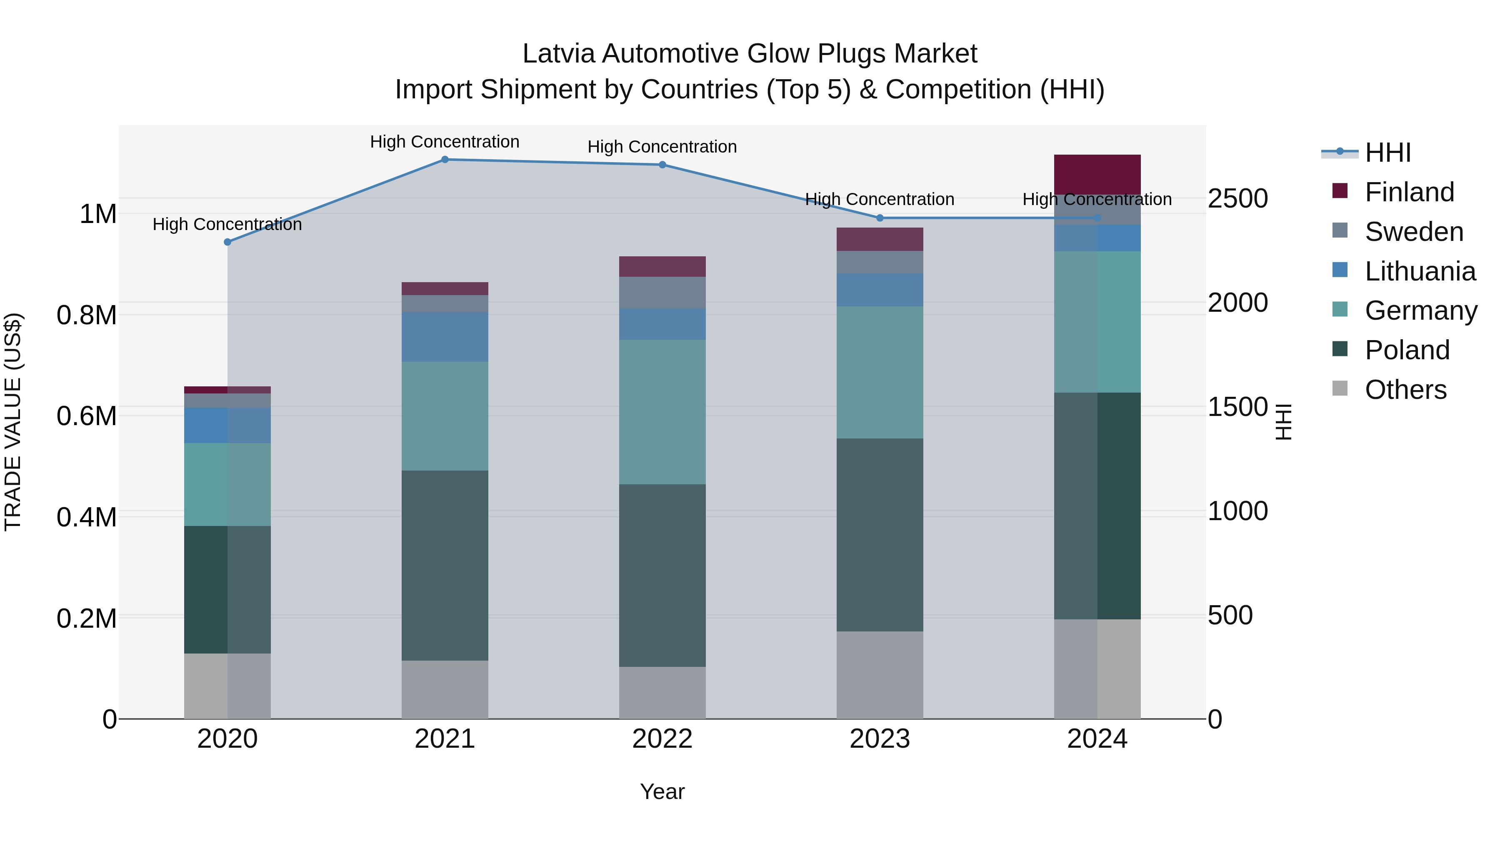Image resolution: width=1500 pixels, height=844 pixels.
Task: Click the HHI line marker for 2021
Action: coord(445,160)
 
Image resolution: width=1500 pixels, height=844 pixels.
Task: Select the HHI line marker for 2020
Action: coord(227,242)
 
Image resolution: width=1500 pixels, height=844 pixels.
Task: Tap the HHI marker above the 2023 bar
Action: coord(880,218)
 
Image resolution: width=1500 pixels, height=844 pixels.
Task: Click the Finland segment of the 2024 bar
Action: coord(1097,174)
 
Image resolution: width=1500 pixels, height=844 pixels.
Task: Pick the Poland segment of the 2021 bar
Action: coord(445,565)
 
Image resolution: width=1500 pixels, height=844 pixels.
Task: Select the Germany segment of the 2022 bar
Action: coord(662,412)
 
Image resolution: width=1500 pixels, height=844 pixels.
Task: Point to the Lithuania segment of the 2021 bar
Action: coord(445,337)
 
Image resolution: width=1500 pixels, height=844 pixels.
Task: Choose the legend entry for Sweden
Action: coord(1413,232)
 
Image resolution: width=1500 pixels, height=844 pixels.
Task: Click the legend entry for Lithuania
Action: coord(1420,271)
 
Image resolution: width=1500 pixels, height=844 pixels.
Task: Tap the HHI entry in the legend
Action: coord(1387,153)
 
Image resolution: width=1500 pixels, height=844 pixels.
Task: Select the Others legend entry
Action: coord(1405,390)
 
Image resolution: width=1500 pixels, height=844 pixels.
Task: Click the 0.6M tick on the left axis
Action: coord(87,416)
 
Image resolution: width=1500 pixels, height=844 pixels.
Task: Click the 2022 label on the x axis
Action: coord(662,739)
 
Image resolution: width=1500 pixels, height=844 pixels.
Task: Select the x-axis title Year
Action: coord(662,791)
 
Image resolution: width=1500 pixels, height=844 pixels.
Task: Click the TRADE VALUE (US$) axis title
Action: coord(13,422)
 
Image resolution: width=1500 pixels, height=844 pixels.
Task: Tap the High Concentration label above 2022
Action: coord(662,147)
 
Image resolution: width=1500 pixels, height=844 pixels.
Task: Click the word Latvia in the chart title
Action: coord(558,54)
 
